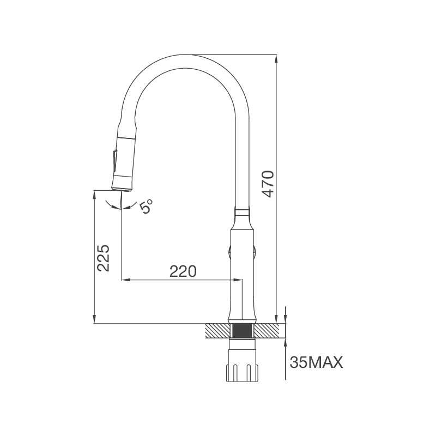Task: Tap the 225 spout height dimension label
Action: (104, 258)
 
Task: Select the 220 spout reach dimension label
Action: (183, 271)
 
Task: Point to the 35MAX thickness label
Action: (317, 362)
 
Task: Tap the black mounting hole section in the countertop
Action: (243, 331)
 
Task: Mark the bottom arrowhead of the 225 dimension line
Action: (95, 320)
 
